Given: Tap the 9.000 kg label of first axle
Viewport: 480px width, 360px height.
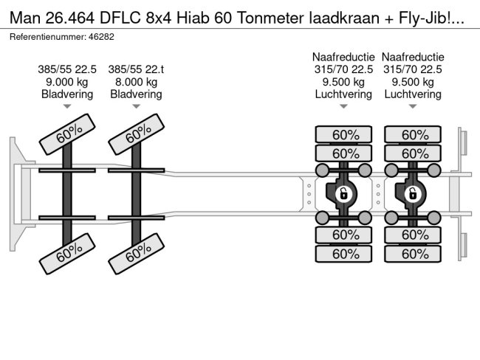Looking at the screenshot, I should [66, 82].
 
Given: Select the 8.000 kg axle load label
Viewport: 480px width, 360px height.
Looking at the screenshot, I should [136, 82].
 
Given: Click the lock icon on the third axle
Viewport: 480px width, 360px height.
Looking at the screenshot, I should [343, 194].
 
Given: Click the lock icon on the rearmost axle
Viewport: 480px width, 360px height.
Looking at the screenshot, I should [413, 194].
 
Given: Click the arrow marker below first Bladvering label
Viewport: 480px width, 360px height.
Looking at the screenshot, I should [67, 107].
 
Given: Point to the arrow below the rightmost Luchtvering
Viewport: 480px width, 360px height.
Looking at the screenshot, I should [413, 107].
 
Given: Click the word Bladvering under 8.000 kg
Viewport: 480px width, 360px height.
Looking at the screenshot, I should [136, 94].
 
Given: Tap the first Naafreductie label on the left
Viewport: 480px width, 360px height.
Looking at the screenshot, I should [343, 57].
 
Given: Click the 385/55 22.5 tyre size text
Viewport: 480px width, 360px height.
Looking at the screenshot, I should [66, 69].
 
